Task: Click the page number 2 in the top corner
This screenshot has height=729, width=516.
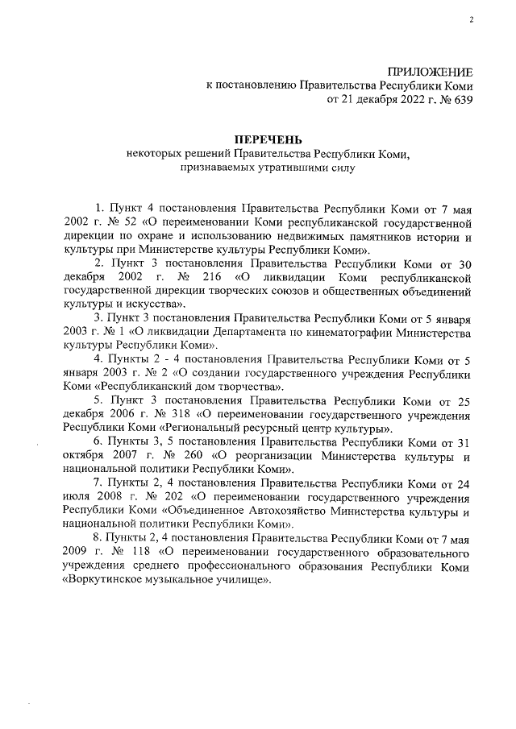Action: coord(470,23)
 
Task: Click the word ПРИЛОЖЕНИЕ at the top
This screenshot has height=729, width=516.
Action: coord(431,72)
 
